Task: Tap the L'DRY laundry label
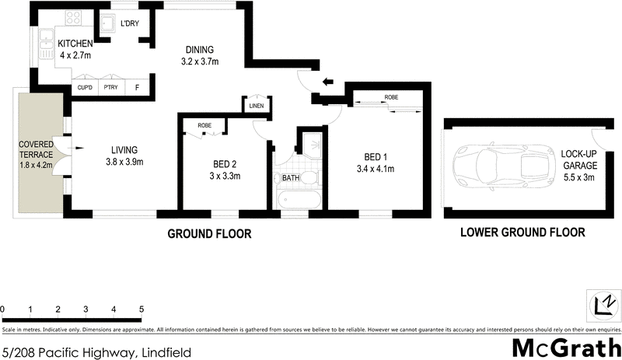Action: (129, 23)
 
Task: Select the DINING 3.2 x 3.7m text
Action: (199, 55)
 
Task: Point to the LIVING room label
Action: (124, 156)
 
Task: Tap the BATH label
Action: (291, 178)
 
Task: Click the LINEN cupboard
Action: (256, 107)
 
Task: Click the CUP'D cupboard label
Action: (85, 88)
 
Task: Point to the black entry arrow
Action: (329, 79)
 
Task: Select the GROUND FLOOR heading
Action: (210, 233)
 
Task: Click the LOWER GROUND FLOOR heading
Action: (522, 232)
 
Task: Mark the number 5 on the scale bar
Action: (142, 310)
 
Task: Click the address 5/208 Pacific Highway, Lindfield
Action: (96, 351)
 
